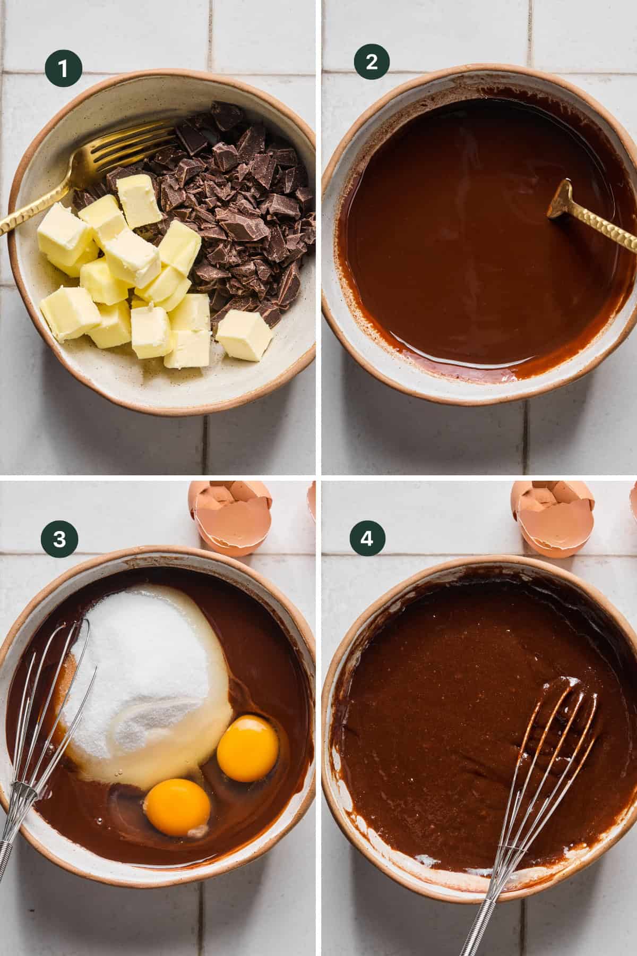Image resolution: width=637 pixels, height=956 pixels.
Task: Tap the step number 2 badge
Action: tap(372, 62)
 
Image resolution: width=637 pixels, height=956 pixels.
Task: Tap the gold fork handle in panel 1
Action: tap(32, 212)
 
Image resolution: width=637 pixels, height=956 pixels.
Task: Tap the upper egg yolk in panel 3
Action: tap(248, 748)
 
